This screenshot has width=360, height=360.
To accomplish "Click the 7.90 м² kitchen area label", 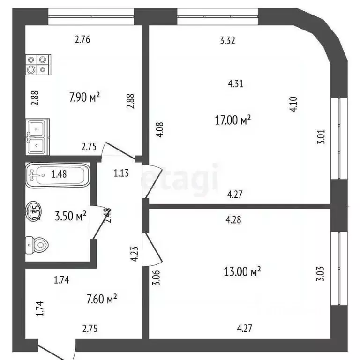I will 85,97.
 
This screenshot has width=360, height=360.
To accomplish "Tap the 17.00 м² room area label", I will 233,120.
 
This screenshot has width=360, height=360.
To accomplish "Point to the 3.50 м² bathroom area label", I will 71,216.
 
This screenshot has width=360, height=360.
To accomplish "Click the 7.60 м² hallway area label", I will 101,298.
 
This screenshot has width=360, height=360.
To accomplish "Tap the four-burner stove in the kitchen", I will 37,65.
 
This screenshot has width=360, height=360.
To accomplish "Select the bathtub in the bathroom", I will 56,175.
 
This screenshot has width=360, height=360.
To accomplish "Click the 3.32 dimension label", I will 227,40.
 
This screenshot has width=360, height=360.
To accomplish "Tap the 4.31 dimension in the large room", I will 235,84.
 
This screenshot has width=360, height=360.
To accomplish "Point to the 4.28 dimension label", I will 233,219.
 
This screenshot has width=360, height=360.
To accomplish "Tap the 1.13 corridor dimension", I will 121,172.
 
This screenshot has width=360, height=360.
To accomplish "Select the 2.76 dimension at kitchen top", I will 82,40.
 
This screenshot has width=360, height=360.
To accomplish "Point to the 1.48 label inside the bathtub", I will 59,175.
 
